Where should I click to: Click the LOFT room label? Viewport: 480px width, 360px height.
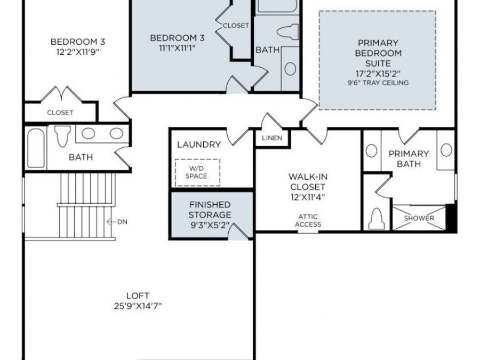coord(138,295)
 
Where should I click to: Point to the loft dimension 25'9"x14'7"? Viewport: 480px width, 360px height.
coord(138,306)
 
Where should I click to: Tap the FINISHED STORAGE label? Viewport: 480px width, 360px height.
coord(210,210)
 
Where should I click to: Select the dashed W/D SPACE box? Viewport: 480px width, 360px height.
coord(197,172)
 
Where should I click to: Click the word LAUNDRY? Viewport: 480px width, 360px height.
coord(198,145)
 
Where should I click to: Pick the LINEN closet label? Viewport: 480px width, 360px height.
coord(272,138)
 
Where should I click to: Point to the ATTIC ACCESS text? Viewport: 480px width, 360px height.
coord(308,220)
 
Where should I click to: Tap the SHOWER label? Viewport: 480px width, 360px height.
coord(419,218)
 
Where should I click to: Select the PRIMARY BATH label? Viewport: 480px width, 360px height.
coord(409,158)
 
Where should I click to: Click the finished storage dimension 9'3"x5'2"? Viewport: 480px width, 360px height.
coord(210,225)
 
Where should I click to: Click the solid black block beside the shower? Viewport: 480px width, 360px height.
coord(451,218)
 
